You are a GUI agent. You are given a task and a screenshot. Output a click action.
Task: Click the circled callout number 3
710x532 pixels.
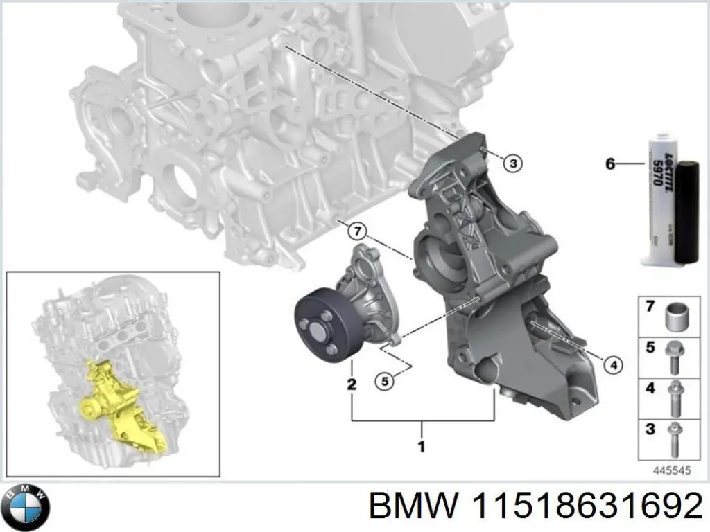point(512,163)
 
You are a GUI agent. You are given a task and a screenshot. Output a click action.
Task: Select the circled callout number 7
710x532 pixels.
point(356,231)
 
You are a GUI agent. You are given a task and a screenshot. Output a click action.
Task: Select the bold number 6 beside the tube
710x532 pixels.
point(610,164)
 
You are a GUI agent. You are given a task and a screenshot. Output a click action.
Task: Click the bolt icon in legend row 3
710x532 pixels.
point(675,439)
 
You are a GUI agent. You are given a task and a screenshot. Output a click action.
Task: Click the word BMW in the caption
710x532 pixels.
point(413,508)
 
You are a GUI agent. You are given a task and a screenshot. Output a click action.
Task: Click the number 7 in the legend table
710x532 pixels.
point(650,307)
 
